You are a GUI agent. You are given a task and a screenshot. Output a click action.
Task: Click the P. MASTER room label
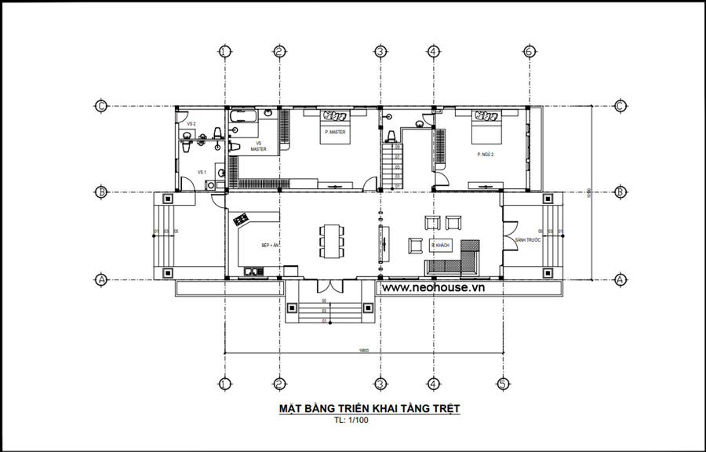click(x=335, y=132)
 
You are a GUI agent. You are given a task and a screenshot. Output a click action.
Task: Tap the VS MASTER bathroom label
click(x=259, y=146)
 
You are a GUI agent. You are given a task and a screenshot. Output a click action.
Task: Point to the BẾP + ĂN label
click(x=271, y=246)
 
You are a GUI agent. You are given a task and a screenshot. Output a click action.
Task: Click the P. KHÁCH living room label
click(x=440, y=246)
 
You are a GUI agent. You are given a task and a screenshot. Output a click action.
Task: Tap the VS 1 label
click(x=201, y=171)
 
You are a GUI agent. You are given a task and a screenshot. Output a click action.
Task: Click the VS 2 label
click(x=191, y=124)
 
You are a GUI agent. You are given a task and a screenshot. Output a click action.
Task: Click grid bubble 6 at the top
click(x=529, y=52)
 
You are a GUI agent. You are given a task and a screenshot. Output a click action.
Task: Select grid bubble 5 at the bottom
click(x=503, y=384)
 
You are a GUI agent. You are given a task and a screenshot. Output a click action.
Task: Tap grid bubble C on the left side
click(x=100, y=106)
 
